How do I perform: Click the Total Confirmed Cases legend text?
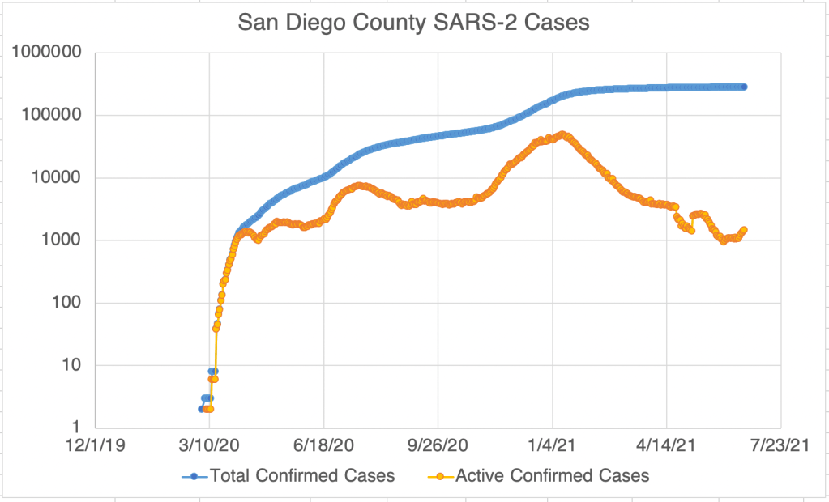pyautogui.click(x=302, y=476)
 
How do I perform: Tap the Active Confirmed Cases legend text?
pyautogui.click(x=553, y=476)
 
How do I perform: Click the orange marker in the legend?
pyautogui.click(x=440, y=476)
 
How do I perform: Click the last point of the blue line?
pyautogui.click(x=744, y=87)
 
